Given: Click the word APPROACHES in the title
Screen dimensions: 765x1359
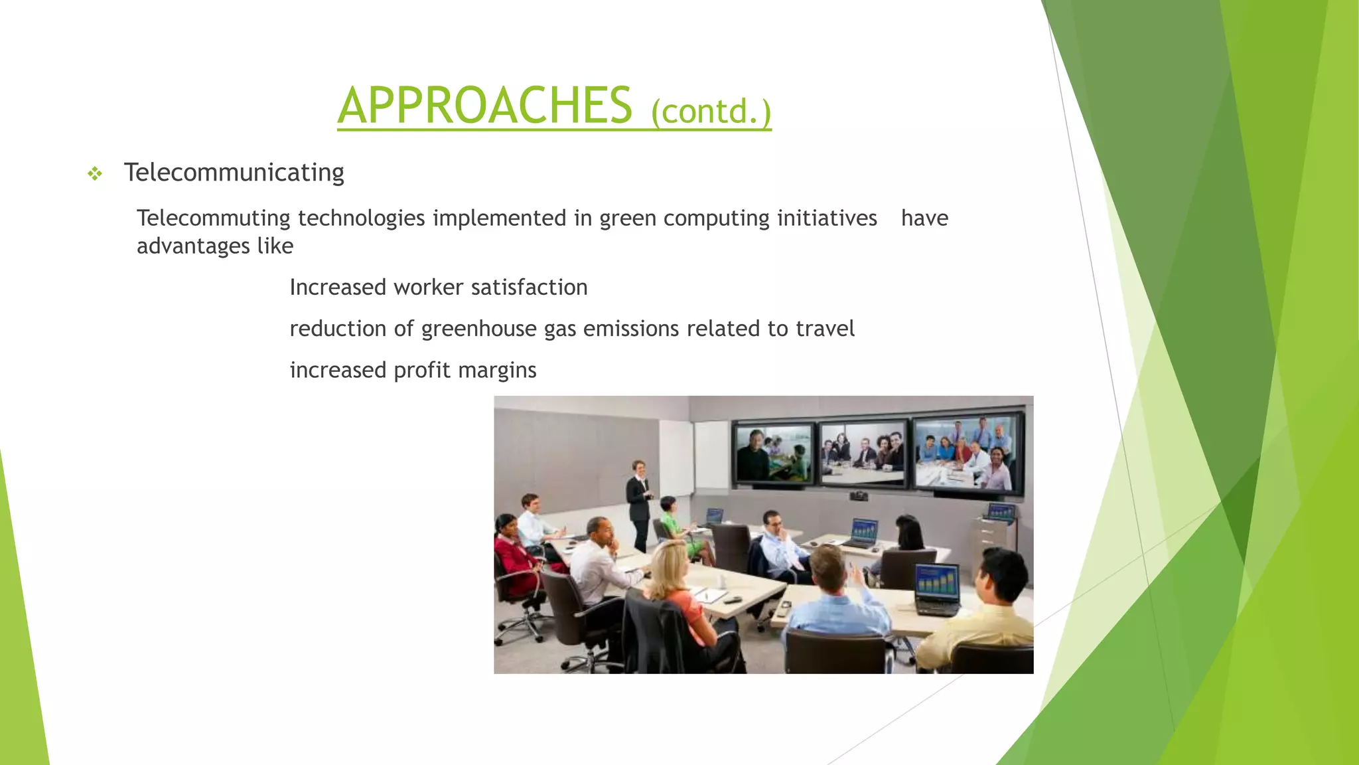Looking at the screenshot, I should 484,106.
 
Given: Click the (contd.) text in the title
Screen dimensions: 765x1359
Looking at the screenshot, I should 711,111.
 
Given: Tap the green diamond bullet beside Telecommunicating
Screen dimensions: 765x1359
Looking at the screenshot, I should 95,174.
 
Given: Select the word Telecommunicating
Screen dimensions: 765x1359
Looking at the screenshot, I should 234,173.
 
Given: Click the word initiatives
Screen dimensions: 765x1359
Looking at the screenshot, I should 826,218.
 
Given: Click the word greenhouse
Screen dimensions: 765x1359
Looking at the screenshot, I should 478,329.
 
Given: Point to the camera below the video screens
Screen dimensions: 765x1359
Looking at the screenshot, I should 859,495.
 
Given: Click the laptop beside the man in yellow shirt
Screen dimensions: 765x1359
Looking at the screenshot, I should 937,588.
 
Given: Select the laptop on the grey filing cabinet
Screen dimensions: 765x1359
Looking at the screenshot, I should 1001,512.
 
